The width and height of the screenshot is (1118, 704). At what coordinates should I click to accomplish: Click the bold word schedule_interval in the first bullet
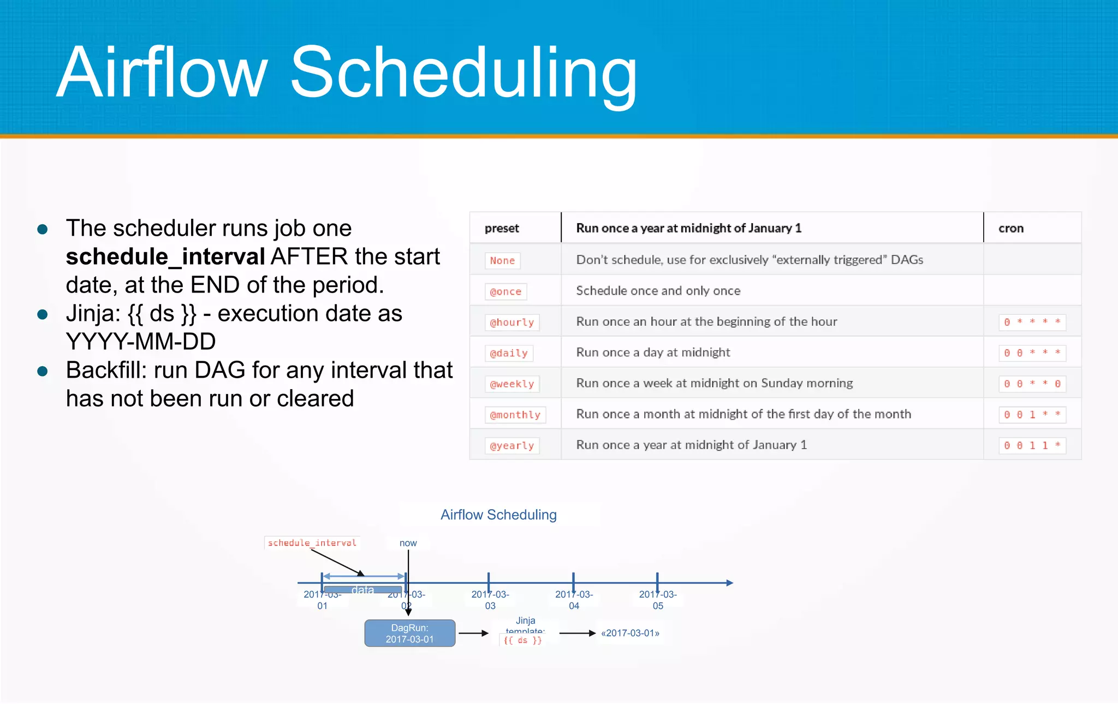point(165,256)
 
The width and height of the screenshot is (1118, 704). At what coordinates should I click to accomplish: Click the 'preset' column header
point(502,228)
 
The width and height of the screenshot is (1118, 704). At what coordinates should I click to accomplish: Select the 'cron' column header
point(1010,228)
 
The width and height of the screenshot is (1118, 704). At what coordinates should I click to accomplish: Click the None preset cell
point(502,260)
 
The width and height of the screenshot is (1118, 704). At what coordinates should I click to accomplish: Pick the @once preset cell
point(506,291)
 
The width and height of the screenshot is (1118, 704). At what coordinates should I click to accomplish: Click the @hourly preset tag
point(512,323)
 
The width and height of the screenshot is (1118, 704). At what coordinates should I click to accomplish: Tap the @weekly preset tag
point(512,384)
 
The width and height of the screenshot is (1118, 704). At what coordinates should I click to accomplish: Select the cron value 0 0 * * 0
point(1032,384)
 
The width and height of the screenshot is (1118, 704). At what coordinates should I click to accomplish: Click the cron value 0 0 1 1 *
point(1032,446)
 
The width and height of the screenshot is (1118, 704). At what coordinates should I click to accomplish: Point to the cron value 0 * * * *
point(1032,322)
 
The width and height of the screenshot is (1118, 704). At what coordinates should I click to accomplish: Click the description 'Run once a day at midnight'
point(653,353)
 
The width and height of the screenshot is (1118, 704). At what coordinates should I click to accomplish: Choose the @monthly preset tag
point(515,415)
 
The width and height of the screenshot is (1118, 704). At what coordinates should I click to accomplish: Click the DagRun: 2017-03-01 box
point(409,633)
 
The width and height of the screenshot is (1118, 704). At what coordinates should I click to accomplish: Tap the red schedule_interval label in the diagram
point(312,542)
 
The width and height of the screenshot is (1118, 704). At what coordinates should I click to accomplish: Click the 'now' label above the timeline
point(408,543)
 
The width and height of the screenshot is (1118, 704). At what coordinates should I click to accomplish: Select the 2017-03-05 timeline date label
point(658,600)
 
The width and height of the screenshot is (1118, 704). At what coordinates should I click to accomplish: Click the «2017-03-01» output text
point(630,633)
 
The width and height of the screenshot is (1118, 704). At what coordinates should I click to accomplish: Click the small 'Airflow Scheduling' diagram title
point(498,515)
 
